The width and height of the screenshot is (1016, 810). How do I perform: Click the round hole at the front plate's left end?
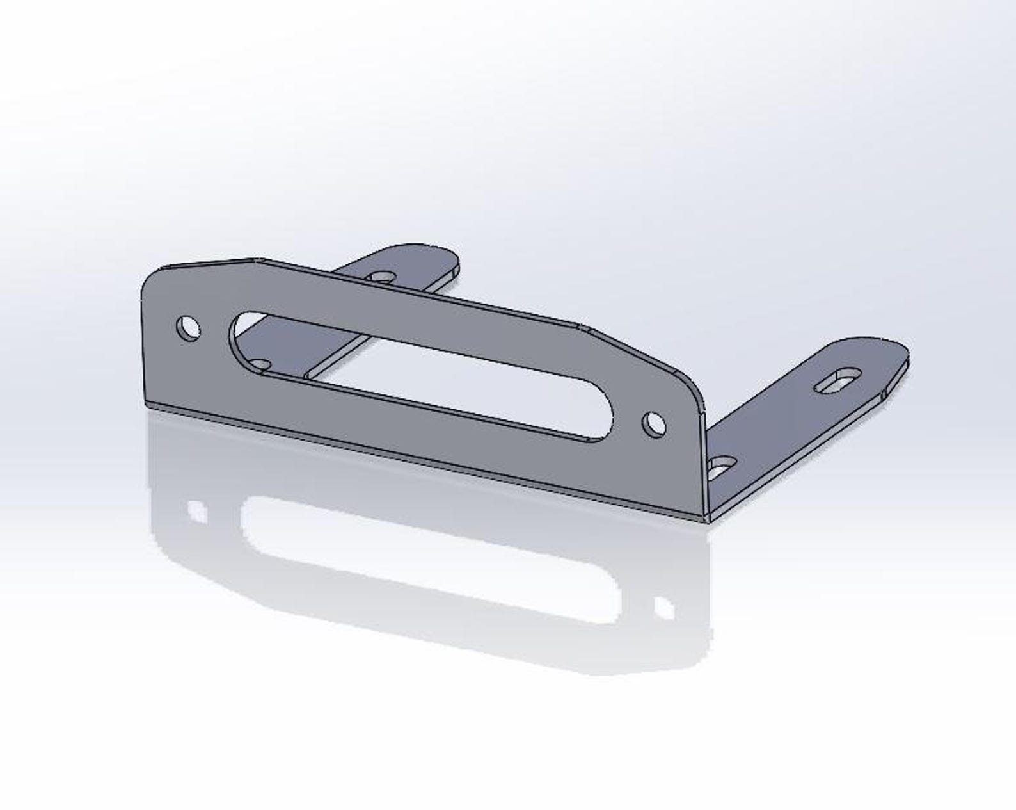pyautogui.click(x=187, y=328)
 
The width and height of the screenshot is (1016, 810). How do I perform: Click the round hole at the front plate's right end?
pyautogui.click(x=653, y=424)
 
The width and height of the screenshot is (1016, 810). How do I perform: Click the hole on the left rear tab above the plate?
pyautogui.click(x=382, y=277)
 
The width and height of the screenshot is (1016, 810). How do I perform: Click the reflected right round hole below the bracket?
pyautogui.click(x=663, y=607)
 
